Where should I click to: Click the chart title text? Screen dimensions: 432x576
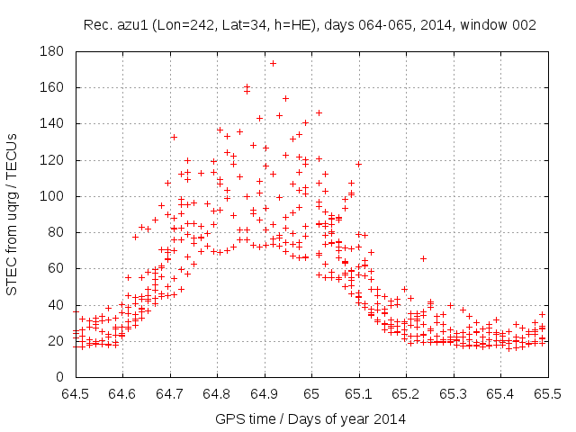click(310, 25)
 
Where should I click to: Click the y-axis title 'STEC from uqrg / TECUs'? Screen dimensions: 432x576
click(13, 213)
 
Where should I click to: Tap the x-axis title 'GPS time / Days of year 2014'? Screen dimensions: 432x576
click(310, 418)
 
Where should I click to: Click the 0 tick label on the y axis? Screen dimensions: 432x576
click(63, 376)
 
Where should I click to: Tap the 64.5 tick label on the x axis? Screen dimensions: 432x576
click(76, 394)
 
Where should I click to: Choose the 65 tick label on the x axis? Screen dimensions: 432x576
click(311, 394)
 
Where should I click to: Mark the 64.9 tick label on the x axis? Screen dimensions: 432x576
click(265, 394)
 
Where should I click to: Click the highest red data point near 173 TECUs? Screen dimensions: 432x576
click(273, 63)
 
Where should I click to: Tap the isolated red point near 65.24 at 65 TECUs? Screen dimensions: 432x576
click(423, 258)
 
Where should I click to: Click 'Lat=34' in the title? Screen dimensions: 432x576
click(235, 25)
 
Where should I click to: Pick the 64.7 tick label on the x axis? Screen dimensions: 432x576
click(170, 394)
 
